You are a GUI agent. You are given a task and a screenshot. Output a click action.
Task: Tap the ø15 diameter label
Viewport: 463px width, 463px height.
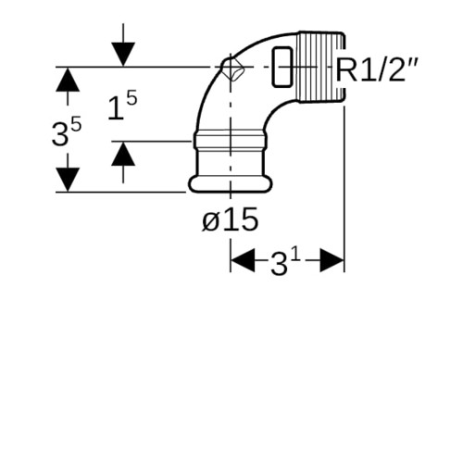[231, 219]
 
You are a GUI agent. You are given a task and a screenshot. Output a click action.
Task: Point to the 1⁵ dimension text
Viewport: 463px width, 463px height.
[122, 106]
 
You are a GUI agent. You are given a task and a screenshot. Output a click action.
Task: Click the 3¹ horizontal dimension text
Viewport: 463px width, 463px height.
[285, 262]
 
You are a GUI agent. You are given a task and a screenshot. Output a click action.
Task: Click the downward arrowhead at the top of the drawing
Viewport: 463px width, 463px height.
[123, 54]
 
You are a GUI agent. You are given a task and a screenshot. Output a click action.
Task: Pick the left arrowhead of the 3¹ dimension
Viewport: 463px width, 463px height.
[243, 260]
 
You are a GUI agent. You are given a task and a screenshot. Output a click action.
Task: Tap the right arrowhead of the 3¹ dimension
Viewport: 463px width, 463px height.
[332, 260]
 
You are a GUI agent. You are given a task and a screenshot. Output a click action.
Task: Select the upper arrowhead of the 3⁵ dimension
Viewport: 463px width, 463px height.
[68, 80]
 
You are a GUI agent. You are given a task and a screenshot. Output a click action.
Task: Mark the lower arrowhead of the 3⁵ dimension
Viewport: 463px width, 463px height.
[68, 180]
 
